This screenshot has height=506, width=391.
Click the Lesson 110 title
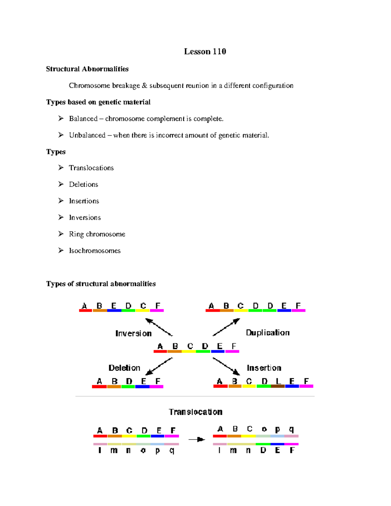tap(205, 51)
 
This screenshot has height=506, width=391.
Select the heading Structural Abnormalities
tap(87, 69)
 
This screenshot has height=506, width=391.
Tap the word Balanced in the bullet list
tap(83, 119)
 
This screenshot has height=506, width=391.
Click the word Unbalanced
tap(87, 135)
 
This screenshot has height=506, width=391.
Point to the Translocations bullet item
tap(91, 168)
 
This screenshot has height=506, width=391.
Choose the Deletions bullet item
tap(83, 184)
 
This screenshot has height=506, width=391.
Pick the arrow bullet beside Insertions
tap(61, 201)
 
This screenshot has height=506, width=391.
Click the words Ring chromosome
tap(97, 234)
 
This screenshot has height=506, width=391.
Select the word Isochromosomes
tap(94, 251)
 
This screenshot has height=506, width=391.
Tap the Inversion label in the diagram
tap(133, 333)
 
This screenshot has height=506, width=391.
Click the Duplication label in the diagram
tap(268, 333)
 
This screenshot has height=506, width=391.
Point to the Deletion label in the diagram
tap(124, 368)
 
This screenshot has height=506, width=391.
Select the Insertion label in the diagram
tap(264, 368)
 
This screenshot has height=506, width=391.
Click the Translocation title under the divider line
tap(195, 412)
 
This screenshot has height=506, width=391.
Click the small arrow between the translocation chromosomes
tap(196, 440)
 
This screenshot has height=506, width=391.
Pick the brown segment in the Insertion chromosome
tap(278, 386)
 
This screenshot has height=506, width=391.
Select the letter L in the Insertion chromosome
tap(278, 381)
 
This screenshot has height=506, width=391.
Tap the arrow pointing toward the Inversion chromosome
tap(159, 327)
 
